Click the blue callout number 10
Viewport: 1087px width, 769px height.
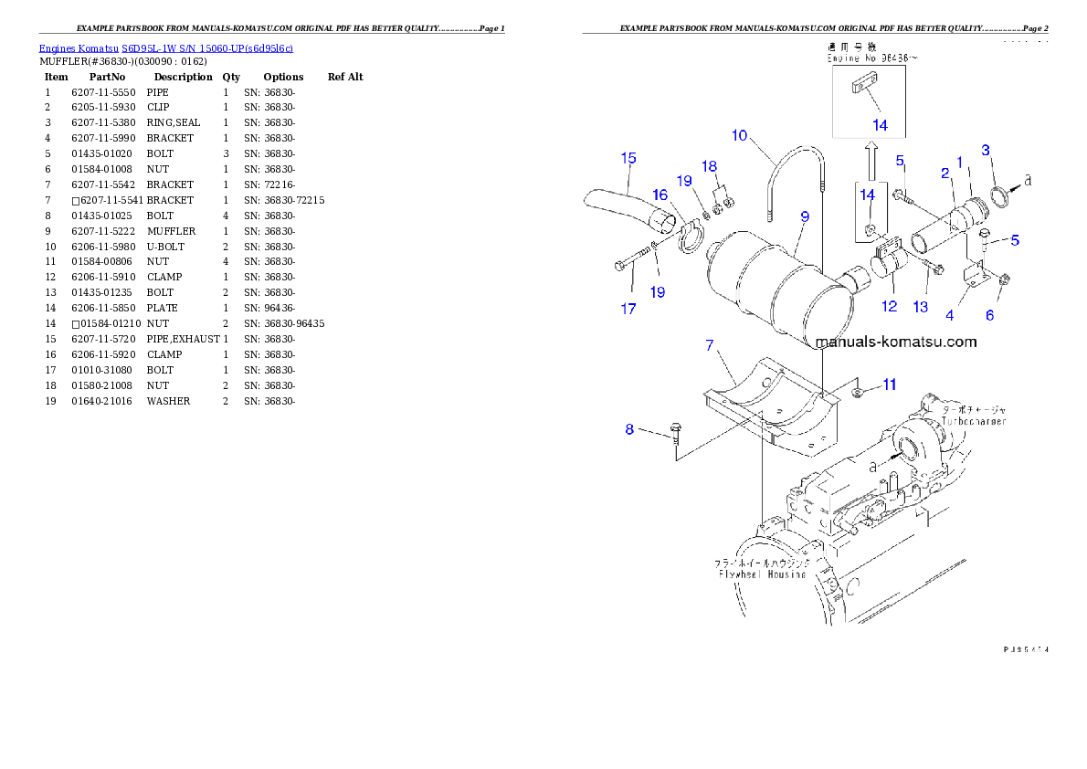pos(739,135)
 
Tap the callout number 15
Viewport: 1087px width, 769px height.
pos(628,158)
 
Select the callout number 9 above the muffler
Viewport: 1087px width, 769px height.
pos(804,216)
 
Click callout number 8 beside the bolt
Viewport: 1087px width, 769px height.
pos(629,429)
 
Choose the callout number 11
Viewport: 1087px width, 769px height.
pos(889,384)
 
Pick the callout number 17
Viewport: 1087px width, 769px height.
pos(628,309)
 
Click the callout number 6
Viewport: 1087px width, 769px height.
pos(989,315)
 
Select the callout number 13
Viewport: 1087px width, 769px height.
pos(921,307)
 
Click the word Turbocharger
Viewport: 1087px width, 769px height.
pos(970,423)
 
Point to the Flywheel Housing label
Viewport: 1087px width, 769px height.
pos(761,574)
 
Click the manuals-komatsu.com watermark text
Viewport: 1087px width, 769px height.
pos(896,342)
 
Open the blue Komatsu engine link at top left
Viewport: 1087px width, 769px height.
pos(165,48)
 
